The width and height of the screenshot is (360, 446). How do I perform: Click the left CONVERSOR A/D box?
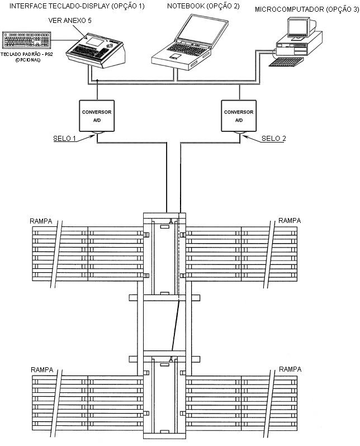97,116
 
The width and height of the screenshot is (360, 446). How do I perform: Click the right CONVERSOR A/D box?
239,116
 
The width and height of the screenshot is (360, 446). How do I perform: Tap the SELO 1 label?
65,139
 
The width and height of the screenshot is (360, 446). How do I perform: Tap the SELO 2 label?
273,139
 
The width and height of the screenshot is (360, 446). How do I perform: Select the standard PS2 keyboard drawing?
26,40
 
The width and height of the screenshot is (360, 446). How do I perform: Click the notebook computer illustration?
190,42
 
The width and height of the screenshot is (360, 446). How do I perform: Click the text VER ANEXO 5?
70,21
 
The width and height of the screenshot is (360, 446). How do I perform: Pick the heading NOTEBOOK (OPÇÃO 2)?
203,6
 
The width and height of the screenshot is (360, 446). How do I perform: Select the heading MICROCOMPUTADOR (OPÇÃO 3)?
307,10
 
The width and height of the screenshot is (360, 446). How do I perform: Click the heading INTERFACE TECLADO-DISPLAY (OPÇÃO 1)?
77,6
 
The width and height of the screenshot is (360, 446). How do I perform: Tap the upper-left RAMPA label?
41,221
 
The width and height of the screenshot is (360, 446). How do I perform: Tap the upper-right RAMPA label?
290,220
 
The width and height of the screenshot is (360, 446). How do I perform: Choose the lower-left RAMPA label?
42,370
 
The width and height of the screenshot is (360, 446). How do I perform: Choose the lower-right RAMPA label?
290,369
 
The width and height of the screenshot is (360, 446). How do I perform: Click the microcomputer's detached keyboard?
286,61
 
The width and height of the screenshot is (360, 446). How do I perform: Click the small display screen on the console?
95,41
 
